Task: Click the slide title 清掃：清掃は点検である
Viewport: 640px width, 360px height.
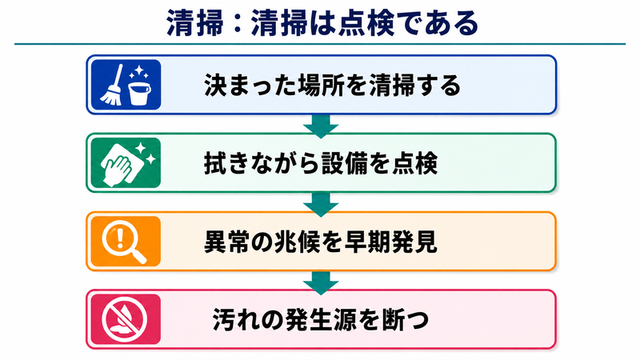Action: [x=322, y=23]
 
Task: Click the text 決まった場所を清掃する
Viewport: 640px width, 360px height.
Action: [x=332, y=86]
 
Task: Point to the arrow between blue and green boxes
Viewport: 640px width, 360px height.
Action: [x=321, y=126]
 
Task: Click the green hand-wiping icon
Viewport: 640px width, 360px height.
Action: [x=126, y=163]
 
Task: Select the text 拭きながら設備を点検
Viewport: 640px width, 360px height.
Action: [x=321, y=163]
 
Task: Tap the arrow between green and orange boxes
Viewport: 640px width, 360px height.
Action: [x=321, y=204]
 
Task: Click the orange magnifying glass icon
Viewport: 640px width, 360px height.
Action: [x=126, y=242]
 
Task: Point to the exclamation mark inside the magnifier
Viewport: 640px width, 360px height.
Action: [x=120, y=238]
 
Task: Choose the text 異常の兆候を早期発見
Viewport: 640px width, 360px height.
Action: [x=321, y=242]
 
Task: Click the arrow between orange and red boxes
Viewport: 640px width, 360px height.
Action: [x=321, y=282]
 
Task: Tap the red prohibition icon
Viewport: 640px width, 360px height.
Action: [x=126, y=319]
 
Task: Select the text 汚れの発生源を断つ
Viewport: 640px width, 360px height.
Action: [x=321, y=319]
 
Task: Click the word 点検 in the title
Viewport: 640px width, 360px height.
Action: [x=366, y=23]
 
